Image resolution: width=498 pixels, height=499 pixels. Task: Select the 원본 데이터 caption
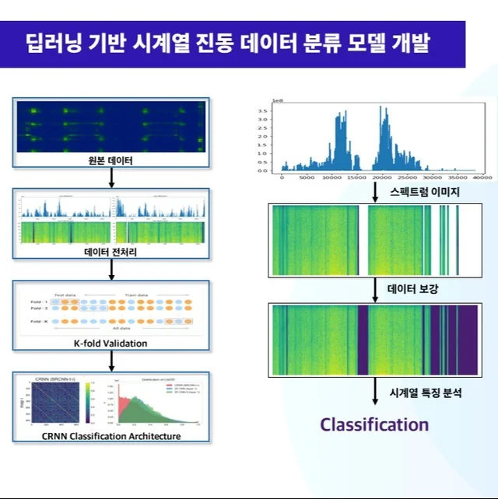pos(110,162)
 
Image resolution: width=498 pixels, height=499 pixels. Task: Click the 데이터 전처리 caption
pos(110,251)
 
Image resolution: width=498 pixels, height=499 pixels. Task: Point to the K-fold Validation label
pos(110,342)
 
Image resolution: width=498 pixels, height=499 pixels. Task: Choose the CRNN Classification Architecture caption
pos(111,435)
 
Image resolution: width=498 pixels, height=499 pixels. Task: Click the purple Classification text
pos(374,424)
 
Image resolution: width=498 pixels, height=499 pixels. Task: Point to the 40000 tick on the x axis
pos(482,178)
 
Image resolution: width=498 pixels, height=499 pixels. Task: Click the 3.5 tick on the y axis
pos(263,111)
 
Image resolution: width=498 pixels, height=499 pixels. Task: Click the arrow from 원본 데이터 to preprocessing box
pos(111,178)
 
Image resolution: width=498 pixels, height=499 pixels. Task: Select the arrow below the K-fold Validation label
pos(111,358)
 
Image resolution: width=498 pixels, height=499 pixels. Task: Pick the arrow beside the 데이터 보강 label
pos(374,290)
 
